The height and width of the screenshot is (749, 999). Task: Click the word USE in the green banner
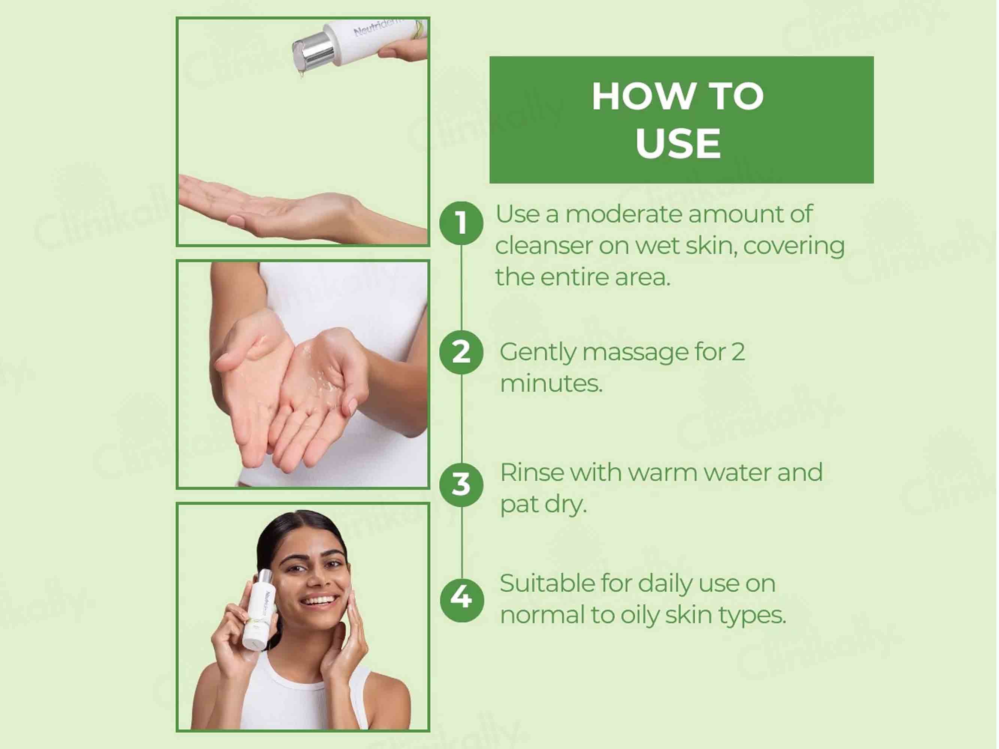pos(678,143)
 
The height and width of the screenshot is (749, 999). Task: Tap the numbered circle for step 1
pos(461,223)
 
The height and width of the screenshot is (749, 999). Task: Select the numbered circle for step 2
pos(461,352)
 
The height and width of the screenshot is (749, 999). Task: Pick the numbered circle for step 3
pos(461,485)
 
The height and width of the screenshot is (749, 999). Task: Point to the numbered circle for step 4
pos(461,600)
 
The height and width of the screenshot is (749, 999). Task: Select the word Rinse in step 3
pos(531,473)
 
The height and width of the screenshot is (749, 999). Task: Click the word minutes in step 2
pos(551,383)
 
